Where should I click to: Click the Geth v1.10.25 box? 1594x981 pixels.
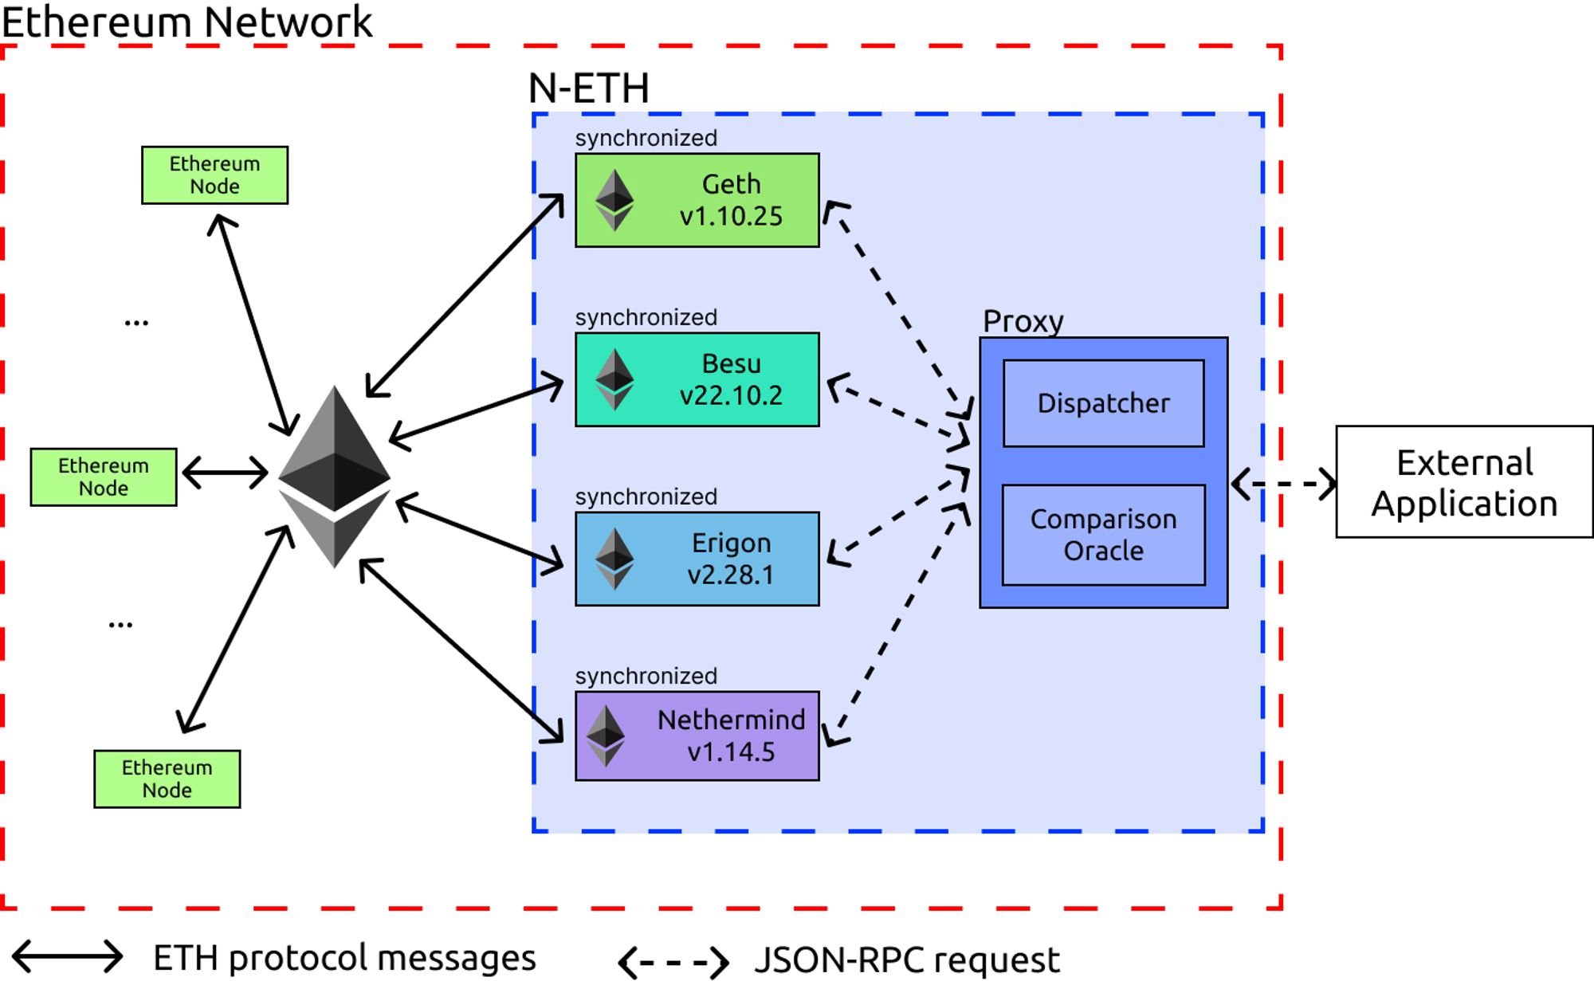pyautogui.click(x=697, y=200)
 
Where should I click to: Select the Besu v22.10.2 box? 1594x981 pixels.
pyautogui.click(x=697, y=379)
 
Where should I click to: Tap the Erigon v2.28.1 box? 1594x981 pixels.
pyautogui.click(x=697, y=559)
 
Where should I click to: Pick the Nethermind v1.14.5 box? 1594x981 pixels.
pyautogui.click(x=697, y=736)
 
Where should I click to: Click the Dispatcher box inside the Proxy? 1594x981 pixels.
pyautogui.click(x=1103, y=403)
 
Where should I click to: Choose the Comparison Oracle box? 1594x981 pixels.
pyautogui.click(x=1103, y=535)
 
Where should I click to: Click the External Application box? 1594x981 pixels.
pyautogui.click(x=1464, y=482)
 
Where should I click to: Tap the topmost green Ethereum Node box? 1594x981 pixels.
pyautogui.click(x=214, y=175)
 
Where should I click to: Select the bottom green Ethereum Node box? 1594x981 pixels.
pyautogui.click(x=167, y=779)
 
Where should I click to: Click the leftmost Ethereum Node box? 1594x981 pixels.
pyautogui.click(x=104, y=477)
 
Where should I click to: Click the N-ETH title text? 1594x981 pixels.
pyautogui.click(x=588, y=88)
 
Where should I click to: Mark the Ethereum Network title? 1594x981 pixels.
pyautogui.click(x=186, y=22)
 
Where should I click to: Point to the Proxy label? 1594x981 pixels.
pyautogui.click(x=1023, y=321)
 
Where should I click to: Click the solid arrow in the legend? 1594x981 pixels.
pyautogui.click(x=68, y=956)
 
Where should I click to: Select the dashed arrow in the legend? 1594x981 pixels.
pyautogui.click(x=673, y=962)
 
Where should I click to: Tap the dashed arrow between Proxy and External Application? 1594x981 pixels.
pyautogui.click(x=1283, y=484)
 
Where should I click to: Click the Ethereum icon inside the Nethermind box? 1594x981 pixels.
pyautogui.click(x=606, y=736)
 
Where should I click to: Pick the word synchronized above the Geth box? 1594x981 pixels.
pyautogui.click(x=646, y=138)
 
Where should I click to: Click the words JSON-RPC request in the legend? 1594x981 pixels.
pyautogui.click(x=906, y=960)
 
